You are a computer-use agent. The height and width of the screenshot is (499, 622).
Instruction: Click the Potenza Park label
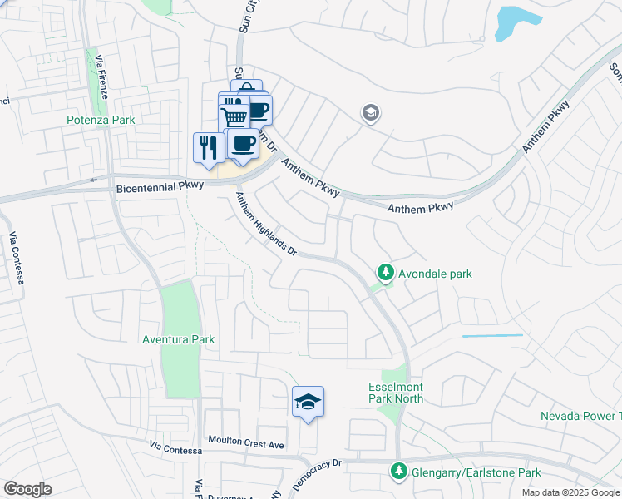pyautogui.click(x=101, y=120)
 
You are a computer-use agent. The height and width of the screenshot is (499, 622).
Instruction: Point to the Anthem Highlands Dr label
pyautogui.click(x=265, y=223)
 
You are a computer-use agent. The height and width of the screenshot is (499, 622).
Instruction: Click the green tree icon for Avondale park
pyautogui.click(x=385, y=272)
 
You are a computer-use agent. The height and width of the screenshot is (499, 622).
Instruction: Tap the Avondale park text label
pyautogui.click(x=435, y=273)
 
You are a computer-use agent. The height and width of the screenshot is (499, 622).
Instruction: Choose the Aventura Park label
pyautogui.click(x=178, y=339)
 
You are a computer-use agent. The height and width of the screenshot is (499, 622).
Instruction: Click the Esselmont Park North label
pyautogui.click(x=396, y=393)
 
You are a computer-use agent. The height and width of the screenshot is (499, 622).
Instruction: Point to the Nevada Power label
pyautogui.click(x=580, y=415)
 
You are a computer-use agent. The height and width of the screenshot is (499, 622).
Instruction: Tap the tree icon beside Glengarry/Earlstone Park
pyautogui.click(x=398, y=472)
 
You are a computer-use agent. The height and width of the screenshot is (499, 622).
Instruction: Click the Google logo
pyautogui.click(x=27, y=489)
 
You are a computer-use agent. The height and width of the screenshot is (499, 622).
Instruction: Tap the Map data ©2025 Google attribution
pyautogui.click(x=570, y=492)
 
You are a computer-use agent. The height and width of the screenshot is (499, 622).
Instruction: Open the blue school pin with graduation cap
pyautogui.click(x=308, y=403)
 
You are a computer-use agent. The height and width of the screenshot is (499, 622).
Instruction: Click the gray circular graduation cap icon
pyautogui.click(x=371, y=113)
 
